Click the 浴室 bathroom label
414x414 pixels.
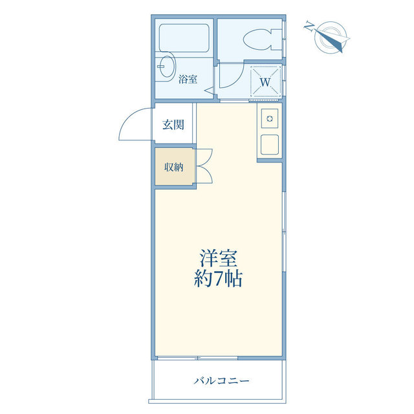click(x=188, y=79)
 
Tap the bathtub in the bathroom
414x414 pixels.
click(x=184, y=38)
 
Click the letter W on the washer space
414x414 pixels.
click(x=265, y=82)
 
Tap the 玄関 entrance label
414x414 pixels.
click(x=173, y=125)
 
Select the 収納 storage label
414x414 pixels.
click(x=174, y=167)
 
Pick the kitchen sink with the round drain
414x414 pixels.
click(x=270, y=118)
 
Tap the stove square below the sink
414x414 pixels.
click(x=270, y=144)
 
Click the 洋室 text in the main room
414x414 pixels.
click(x=218, y=258)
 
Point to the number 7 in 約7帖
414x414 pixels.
click(x=219, y=279)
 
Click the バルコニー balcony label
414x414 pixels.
click(x=221, y=381)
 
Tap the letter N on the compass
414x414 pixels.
click(x=309, y=27)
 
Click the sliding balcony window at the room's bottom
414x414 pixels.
click(x=197, y=358)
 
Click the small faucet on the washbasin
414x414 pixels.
click(x=161, y=67)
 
